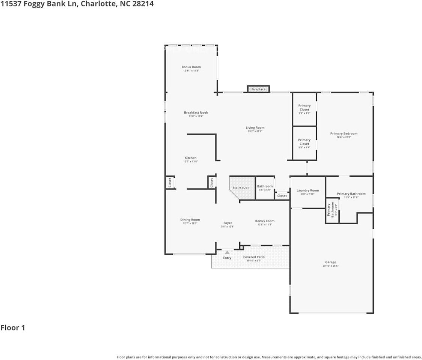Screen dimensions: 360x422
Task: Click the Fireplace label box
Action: click(x=258, y=89)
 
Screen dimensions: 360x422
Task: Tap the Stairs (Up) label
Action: click(x=240, y=187)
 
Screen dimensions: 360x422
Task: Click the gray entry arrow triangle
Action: click(x=227, y=252)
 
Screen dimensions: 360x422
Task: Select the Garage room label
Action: click(x=330, y=262)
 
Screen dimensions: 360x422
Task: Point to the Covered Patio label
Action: click(x=254, y=257)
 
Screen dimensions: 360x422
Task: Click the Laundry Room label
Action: click(x=307, y=190)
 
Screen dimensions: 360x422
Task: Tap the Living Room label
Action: click(x=255, y=128)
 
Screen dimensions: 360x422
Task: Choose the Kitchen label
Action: click(x=190, y=158)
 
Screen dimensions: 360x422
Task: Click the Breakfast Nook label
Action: click(x=196, y=112)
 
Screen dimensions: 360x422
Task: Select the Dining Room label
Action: click(x=190, y=220)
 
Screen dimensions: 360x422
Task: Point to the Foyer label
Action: click(x=228, y=223)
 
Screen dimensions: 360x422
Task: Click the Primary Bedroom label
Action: click(x=344, y=133)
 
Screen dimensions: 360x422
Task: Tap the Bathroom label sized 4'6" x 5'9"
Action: click(x=265, y=186)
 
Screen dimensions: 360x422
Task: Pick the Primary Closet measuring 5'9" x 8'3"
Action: click(x=304, y=108)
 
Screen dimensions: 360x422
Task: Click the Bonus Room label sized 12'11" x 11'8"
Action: click(x=191, y=67)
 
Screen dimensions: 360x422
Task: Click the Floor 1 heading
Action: click(x=13, y=328)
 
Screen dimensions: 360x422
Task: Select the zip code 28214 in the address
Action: click(x=143, y=4)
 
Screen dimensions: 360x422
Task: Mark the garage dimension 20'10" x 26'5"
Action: click(x=330, y=266)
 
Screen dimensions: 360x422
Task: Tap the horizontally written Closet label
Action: click(x=282, y=196)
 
